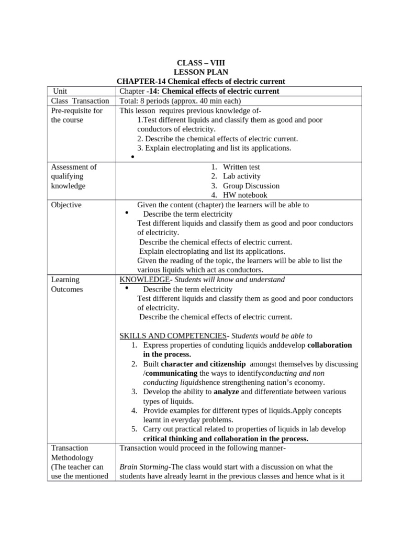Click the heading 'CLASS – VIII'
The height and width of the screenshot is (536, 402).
tap(200, 63)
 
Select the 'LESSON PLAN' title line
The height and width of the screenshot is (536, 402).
tap(200, 72)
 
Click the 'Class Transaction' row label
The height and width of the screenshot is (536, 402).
tap(80, 101)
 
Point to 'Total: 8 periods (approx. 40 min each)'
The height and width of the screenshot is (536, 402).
tap(180, 101)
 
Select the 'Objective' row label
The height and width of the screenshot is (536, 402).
tap(66, 205)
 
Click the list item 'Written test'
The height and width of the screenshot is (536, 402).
tap(241, 167)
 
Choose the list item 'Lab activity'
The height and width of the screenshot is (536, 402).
tap(241, 176)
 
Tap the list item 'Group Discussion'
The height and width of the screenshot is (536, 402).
tap(251, 186)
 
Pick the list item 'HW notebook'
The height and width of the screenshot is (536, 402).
tap(245, 195)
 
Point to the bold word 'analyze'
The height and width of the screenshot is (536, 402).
tap(226, 392)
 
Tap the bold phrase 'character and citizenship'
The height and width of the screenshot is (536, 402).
tap(203, 364)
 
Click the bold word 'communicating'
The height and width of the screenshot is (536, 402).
tap(171, 373)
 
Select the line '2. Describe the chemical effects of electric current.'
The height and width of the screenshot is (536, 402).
tap(217, 139)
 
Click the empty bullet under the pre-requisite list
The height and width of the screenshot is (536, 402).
tap(133, 157)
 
